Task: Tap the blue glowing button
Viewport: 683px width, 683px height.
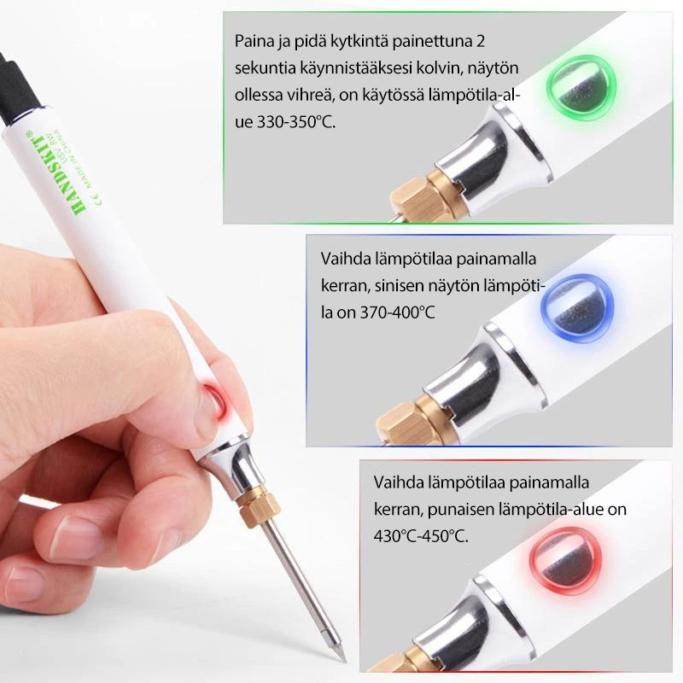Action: point(577,308)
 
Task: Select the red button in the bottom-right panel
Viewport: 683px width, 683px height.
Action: point(566,561)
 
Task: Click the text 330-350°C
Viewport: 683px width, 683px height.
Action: point(296,122)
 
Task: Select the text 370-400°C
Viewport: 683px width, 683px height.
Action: point(397,312)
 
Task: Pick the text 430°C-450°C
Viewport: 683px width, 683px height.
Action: point(421,536)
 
